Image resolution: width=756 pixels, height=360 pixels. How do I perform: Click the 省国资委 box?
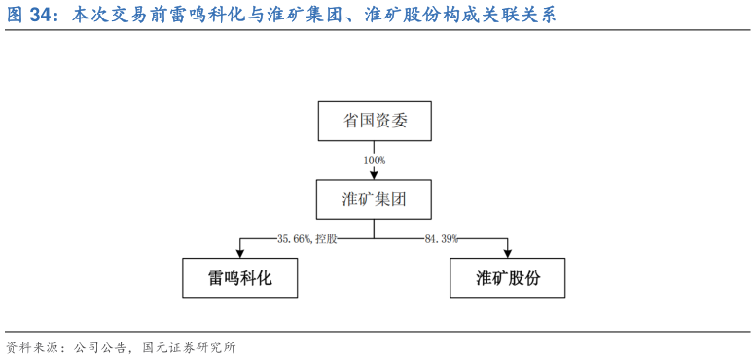[375, 121]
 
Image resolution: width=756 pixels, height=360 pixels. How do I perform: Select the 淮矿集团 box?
[375, 198]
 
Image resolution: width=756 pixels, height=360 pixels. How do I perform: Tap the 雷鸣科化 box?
[239, 278]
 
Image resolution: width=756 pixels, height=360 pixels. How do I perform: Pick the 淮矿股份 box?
[507, 278]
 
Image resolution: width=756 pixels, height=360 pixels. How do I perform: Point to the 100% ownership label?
[375, 160]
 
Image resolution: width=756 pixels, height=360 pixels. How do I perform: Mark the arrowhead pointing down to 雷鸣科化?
[239, 254]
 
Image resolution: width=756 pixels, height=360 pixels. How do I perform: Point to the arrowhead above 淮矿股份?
[507, 254]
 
